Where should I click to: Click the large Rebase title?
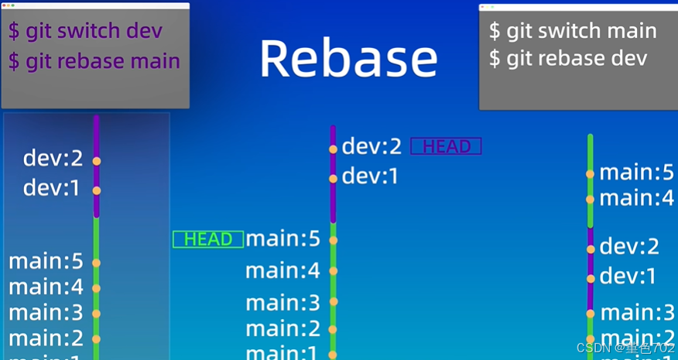pyautogui.click(x=348, y=59)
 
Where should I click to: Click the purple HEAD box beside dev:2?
pyautogui.click(x=446, y=146)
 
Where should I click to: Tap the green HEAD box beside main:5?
pyautogui.click(x=208, y=239)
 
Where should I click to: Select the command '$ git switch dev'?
pyautogui.click(x=85, y=31)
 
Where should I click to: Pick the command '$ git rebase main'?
pyautogui.click(x=94, y=61)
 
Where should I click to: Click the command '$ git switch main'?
pyautogui.click(x=573, y=31)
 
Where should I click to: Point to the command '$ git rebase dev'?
pyautogui.click(x=567, y=59)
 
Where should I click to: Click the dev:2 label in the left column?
pyautogui.click(x=53, y=159)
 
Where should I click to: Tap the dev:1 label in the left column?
pyautogui.click(x=52, y=188)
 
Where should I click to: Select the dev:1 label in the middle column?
pyautogui.click(x=370, y=177)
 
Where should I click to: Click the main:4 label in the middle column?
pyautogui.click(x=282, y=271)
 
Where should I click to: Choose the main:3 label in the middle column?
pyautogui.click(x=282, y=302)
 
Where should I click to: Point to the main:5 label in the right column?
pyautogui.click(x=637, y=172)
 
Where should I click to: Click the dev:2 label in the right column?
pyautogui.click(x=629, y=246)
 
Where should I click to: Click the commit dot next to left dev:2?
pyautogui.click(x=97, y=161)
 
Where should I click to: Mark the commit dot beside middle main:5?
pyautogui.click(x=333, y=241)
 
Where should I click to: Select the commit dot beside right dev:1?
pyautogui.click(x=591, y=278)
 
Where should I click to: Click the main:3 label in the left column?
pyautogui.click(x=46, y=313)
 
